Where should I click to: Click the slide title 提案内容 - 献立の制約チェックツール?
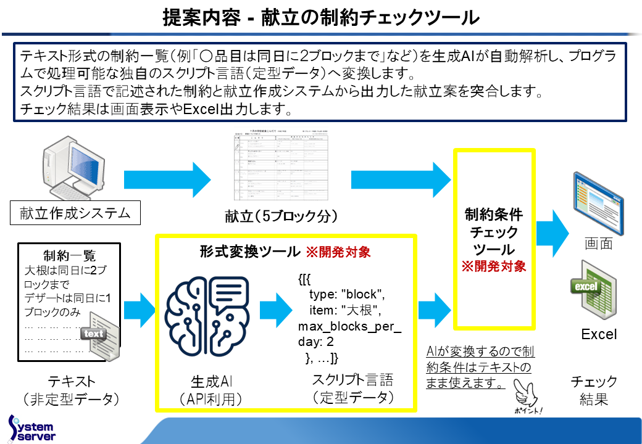(x=320, y=17)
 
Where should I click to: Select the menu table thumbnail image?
(x=277, y=167)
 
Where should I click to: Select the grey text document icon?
(x=98, y=338)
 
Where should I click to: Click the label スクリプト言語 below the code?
(x=352, y=379)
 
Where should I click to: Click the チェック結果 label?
(x=594, y=390)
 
